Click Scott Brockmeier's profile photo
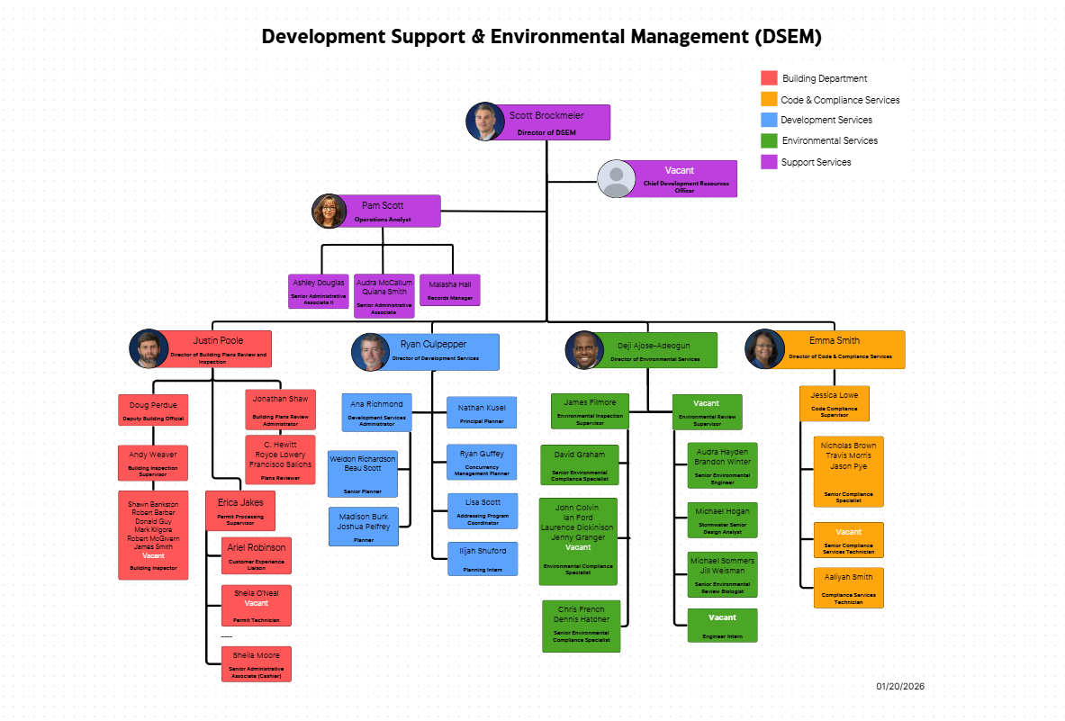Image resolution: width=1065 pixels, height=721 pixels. (484, 122)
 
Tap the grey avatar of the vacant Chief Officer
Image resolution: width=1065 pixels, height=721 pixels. (617, 178)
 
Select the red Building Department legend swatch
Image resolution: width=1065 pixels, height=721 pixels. (769, 78)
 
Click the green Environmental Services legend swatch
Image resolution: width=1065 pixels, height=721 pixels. (769, 140)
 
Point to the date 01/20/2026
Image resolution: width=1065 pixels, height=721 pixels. (900, 687)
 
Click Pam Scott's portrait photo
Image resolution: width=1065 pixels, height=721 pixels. (329, 211)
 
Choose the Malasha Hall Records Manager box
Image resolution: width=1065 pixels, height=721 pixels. (449, 290)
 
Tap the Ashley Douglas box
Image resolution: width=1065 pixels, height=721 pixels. (319, 291)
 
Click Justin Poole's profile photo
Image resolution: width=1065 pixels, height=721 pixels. (149, 348)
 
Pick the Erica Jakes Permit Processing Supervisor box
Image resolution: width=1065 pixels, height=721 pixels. (240, 510)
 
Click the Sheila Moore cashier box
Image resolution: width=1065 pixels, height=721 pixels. (257, 663)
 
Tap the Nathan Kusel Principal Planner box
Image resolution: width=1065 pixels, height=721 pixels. (483, 412)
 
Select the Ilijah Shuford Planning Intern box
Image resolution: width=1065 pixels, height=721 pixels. (483, 558)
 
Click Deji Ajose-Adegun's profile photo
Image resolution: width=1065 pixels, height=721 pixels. (583, 350)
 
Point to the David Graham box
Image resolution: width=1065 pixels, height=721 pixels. (580, 464)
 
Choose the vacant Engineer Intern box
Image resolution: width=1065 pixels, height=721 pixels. (722, 625)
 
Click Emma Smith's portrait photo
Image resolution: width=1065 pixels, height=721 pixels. (763, 348)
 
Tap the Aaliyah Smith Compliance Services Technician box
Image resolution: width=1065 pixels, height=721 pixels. (848, 587)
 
